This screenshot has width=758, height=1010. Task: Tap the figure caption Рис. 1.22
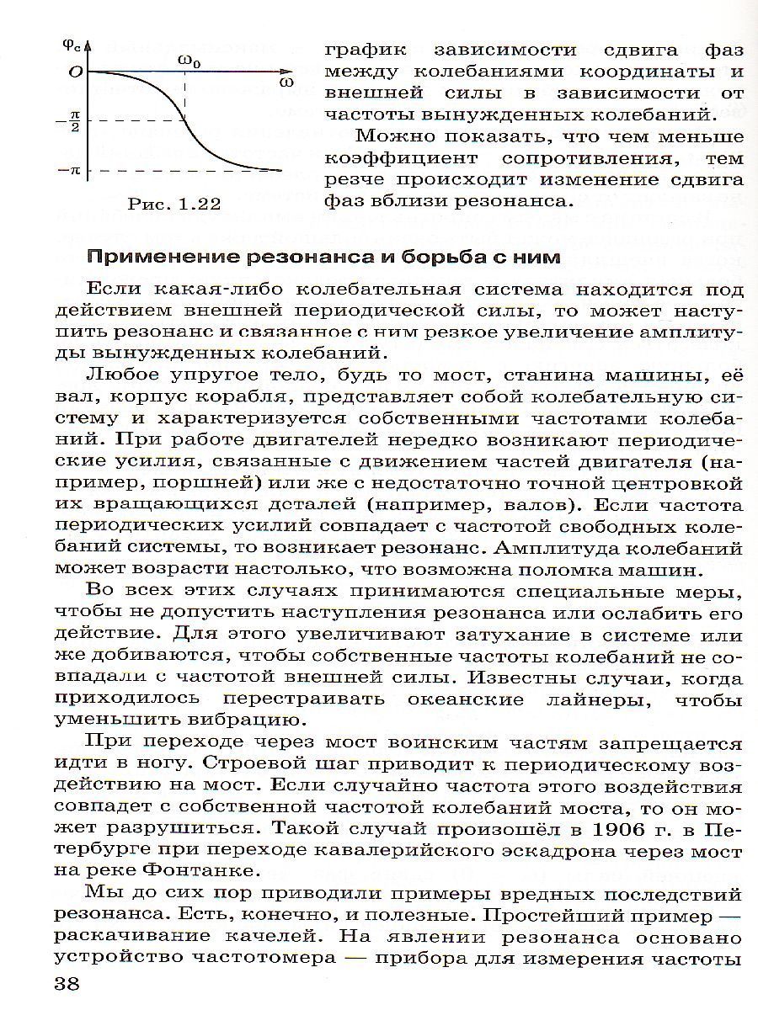pyautogui.click(x=175, y=205)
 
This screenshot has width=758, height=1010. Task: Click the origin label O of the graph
pyautogui.click(x=75, y=72)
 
